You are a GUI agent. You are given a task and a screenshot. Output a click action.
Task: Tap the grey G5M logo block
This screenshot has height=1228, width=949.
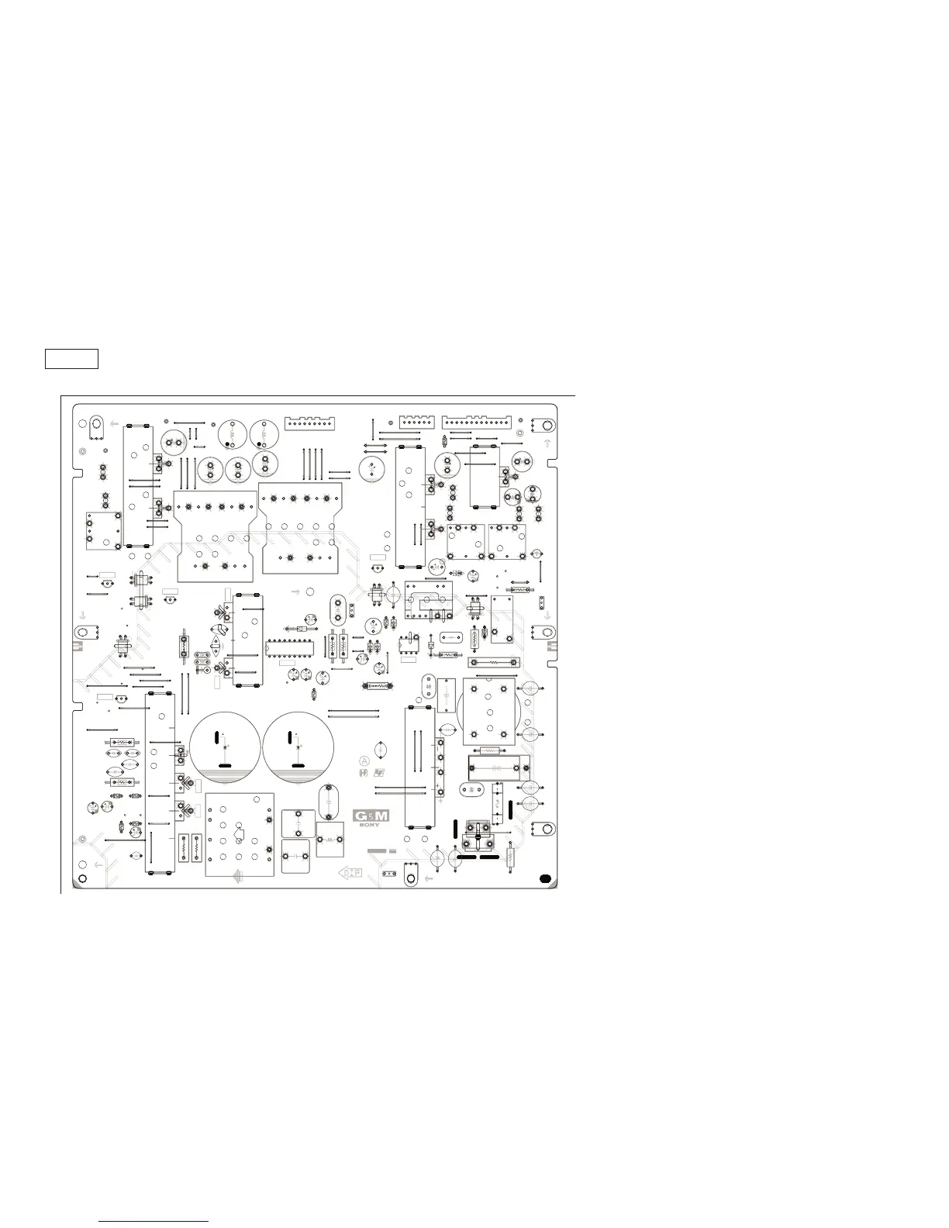[371, 816]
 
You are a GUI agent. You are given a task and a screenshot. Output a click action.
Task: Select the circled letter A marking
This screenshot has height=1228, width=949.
[364, 761]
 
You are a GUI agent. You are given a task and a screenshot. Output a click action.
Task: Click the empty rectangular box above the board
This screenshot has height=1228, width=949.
[71, 359]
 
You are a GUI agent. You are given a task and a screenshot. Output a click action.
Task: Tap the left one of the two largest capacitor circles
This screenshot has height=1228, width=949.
[225, 746]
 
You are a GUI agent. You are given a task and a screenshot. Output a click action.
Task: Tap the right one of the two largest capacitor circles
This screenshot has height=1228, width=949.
[298, 746]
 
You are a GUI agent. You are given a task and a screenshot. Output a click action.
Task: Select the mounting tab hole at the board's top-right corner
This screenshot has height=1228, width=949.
[545, 426]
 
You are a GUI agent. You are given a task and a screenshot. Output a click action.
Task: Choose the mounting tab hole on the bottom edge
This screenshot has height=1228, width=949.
[411, 877]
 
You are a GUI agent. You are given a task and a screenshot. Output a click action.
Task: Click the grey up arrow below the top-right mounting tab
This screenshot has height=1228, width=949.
[547, 443]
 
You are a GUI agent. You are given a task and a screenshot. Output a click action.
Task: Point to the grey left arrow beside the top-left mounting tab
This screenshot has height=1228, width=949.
[114, 424]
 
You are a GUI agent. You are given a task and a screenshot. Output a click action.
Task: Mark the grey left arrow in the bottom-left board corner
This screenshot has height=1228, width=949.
[98, 865]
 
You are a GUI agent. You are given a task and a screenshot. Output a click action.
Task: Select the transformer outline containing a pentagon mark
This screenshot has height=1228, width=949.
[240, 834]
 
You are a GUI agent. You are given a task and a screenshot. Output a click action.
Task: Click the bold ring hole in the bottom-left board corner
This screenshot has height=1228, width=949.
[83, 867]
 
